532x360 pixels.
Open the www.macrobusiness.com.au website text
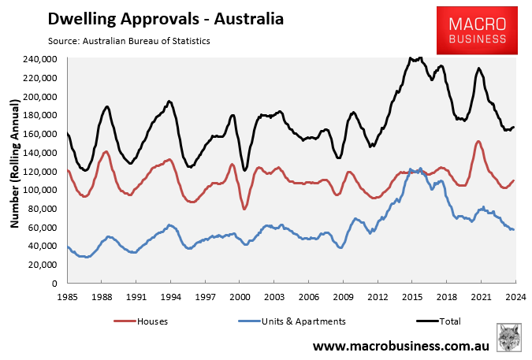click(x=401, y=345)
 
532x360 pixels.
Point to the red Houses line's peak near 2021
click(x=478, y=142)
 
